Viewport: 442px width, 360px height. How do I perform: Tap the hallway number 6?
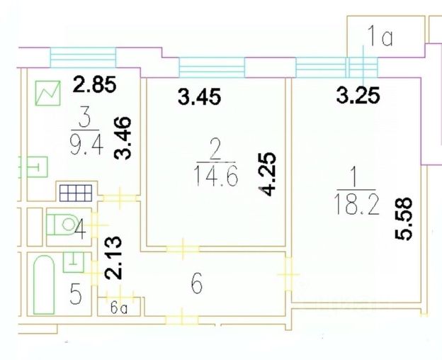click(x=197, y=285)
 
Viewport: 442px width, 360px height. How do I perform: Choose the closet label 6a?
click(x=119, y=309)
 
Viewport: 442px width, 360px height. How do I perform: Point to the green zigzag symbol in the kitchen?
click(x=49, y=92)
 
